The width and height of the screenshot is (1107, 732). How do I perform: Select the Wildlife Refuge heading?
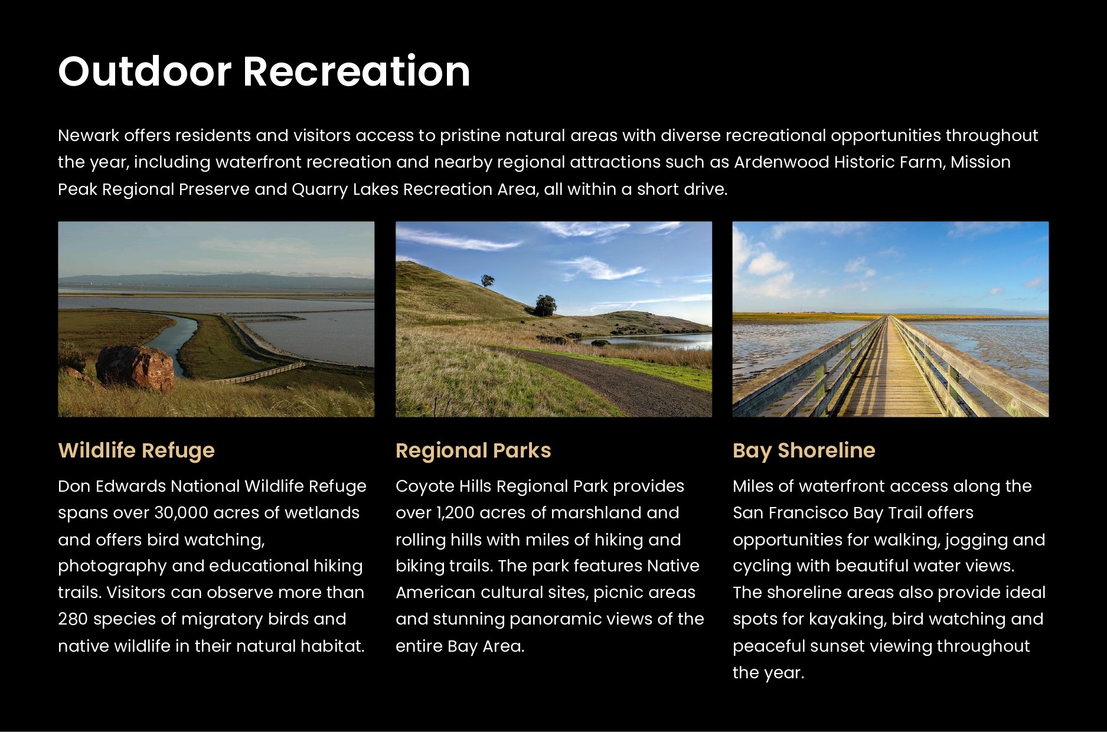click(x=136, y=450)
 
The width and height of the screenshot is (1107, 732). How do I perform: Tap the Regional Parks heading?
click(x=473, y=450)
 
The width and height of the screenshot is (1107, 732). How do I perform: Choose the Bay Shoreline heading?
click(x=804, y=450)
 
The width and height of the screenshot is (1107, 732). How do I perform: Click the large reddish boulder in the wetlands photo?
click(x=135, y=368)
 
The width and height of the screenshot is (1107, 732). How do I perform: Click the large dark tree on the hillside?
click(x=545, y=305)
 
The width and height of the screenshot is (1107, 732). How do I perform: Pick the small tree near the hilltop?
click(x=488, y=280)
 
